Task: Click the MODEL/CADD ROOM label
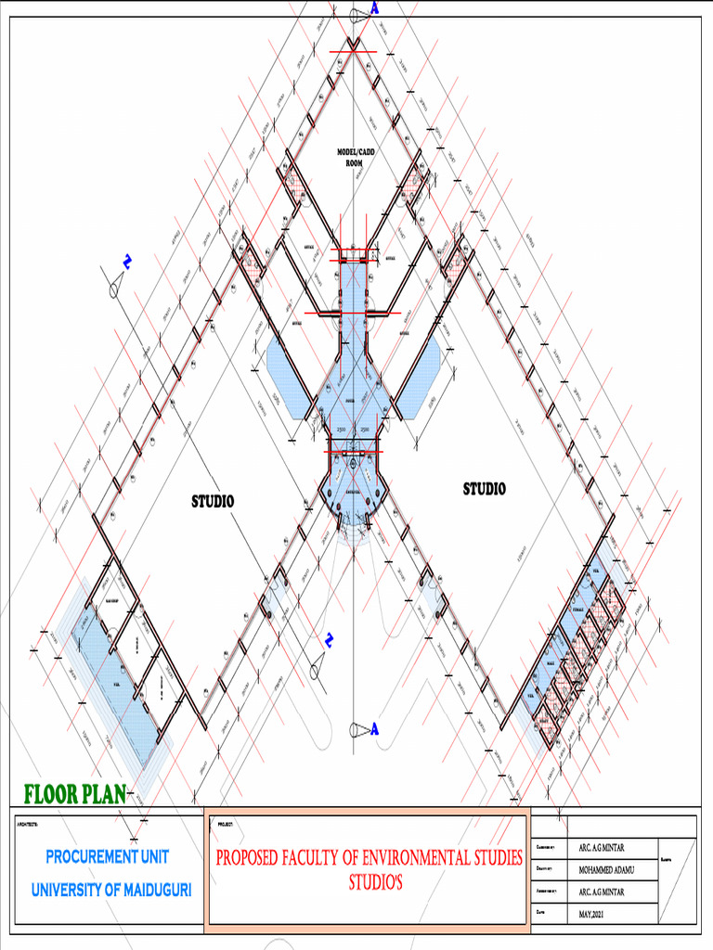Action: [x=356, y=157]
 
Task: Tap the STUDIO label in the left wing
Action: [x=213, y=501]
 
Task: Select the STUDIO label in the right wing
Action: [x=485, y=489]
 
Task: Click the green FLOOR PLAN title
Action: [x=74, y=794]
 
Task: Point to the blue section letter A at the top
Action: [x=375, y=8]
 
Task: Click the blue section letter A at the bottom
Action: [x=375, y=729]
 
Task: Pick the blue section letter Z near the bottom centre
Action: [x=329, y=639]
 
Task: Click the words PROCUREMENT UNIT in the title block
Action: [x=108, y=856]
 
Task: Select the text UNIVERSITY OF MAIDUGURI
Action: [x=111, y=890]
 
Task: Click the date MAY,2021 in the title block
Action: [x=596, y=914]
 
